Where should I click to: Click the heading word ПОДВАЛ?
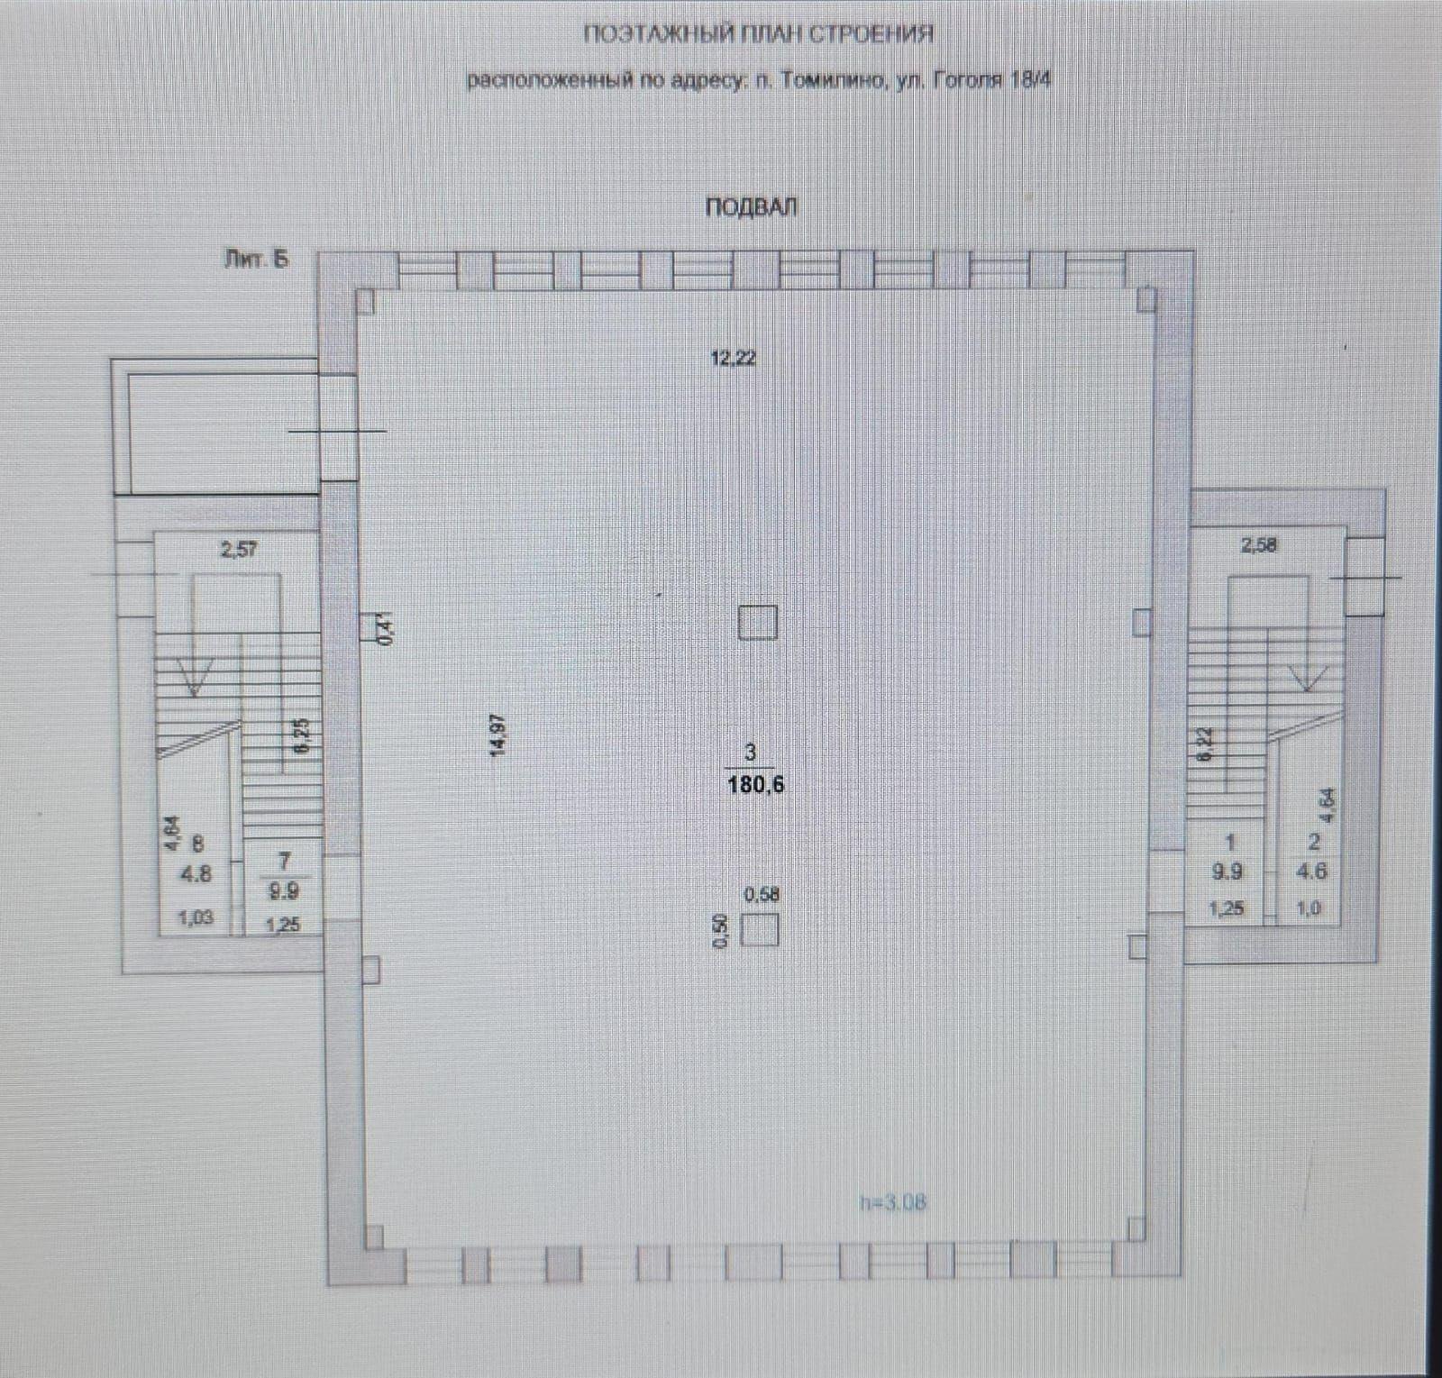(x=751, y=207)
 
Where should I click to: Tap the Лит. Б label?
(x=257, y=260)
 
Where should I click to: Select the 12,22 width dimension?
(x=734, y=359)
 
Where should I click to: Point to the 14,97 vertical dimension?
(x=498, y=736)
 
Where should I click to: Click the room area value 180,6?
(x=755, y=785)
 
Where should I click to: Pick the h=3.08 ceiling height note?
(x=892, y=1202)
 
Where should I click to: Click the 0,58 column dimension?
(x=762, y=895)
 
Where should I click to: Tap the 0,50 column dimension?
(x=719, y=930)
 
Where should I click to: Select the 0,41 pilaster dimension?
(x=388, y=627)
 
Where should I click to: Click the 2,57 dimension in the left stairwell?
(x=239, y=549)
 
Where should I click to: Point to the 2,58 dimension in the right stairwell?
(x=1259, y=545)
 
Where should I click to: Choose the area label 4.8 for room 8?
(x=196, y=873)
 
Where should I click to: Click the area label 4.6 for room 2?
(x=1311, y=872)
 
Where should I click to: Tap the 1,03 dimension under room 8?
(x=195, y=918)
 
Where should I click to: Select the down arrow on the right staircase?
(x=1306, y=676)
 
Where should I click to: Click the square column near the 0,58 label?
(x=759, y=929)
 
